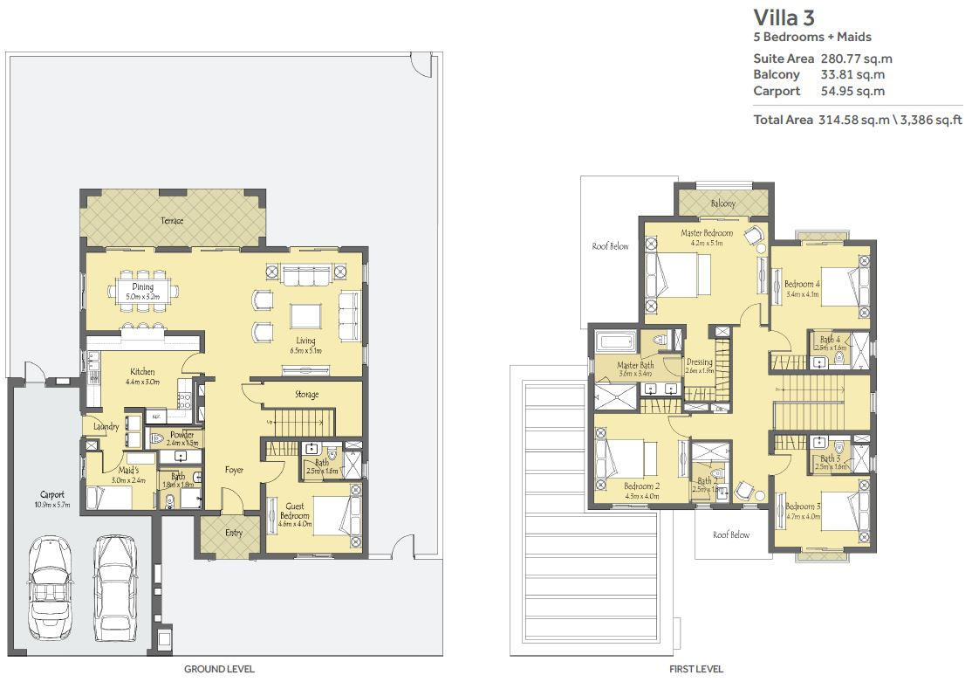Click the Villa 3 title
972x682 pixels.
click(784, 17)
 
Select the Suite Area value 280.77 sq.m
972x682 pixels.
click(856, 59)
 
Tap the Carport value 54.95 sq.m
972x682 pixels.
click(852, 91)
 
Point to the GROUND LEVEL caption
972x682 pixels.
click(219, 669)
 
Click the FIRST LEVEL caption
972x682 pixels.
click(696, 669)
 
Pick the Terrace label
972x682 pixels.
click(172, 221)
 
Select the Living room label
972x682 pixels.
click(305, 341)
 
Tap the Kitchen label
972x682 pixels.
click(142, 371)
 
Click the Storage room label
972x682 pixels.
click(306, 395)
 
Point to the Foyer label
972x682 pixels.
click(234, 470)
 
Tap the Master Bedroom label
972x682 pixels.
click(707, 233)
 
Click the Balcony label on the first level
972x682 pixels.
click(722, 203)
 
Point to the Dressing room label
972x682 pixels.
click(699, 362)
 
